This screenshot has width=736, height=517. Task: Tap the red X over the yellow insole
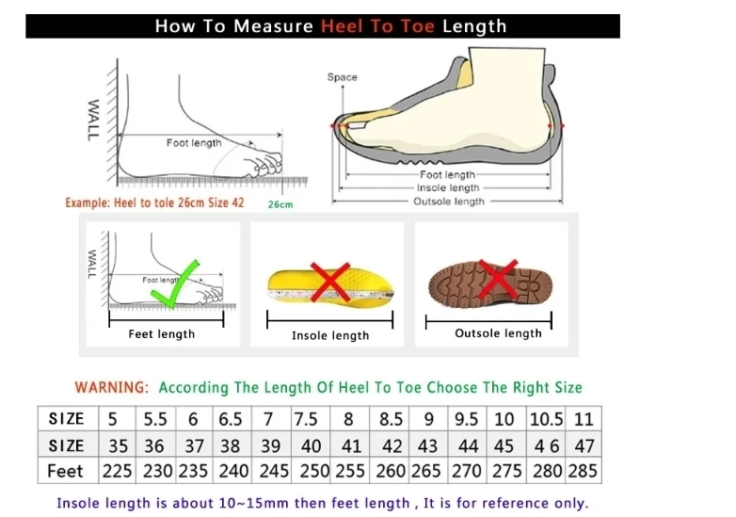tap(330, 282)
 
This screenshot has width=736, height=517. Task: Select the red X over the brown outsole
tap(498, 279)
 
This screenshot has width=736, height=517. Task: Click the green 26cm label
tap(280, 204)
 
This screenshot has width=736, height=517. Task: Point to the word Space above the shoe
tap(343, 77)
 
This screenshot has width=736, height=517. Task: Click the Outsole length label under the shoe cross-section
tap(449, 202)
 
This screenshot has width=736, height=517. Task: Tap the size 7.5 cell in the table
tap(306, 419)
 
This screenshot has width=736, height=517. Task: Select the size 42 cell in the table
tap(392, 446)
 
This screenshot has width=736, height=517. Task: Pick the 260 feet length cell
tap(390, 471)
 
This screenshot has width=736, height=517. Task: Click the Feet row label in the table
tap(65, 471)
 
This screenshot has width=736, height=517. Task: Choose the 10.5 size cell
tap(546, 419)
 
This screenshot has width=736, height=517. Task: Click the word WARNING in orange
tap(112, 388)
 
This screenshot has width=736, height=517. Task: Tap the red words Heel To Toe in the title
tap(377, 26)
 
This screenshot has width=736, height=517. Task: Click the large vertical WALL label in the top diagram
tap(93, 121)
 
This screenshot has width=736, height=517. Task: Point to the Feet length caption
tap(162, 334)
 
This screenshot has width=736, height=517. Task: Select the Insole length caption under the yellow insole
tap(330, 336)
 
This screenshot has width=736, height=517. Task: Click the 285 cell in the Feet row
tap(583, 471)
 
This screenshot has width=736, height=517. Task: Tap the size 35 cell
tap(118, 446)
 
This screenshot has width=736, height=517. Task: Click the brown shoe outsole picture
tap(490, 283)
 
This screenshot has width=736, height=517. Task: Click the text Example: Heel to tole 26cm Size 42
tap(155, 202)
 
